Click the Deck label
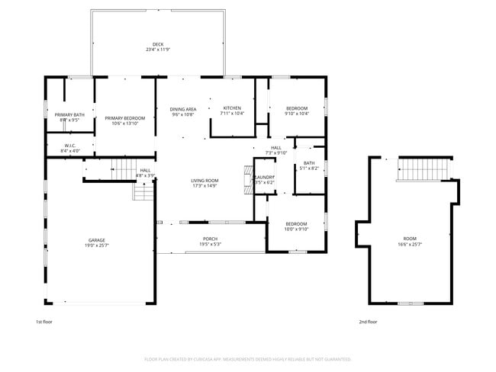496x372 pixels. (158, 46)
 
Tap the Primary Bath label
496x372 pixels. (69, 117)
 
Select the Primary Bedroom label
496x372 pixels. (124, 120)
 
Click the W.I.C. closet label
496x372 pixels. (69, 148)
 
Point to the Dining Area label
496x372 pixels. (183, 111)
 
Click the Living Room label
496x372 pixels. (205, 183)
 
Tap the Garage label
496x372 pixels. (96, 242)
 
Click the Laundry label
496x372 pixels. (265, 180)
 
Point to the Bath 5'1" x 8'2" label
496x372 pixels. (308, 165)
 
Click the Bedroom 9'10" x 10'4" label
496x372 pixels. (297, 111)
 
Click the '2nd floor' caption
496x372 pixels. (368, 322)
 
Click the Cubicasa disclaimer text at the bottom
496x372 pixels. (247, 358)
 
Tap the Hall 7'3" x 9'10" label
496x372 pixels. (275, 150)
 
